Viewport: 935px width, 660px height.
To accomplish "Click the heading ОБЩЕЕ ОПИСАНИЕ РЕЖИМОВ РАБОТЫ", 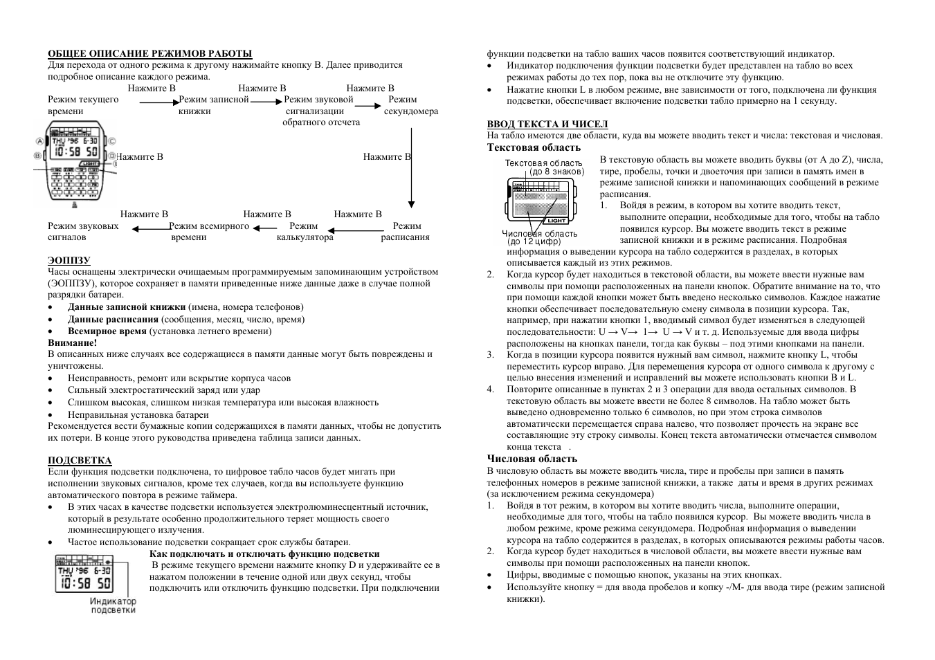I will pos(149,53).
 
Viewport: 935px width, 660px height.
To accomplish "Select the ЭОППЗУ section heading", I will pos(69,260).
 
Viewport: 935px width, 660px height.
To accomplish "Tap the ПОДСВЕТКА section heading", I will pos(80,460).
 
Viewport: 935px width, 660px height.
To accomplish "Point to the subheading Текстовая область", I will pos(534,147).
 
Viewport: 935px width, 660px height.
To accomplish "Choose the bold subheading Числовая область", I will pos(532,459).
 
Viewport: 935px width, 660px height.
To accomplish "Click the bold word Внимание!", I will pos(73,342).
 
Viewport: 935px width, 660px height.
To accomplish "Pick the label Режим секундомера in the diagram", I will pos(410,105).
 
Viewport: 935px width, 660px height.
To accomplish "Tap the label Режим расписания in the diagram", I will pos(406,231).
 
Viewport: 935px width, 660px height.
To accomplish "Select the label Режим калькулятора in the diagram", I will pos(305,231).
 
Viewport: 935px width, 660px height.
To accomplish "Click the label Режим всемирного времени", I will pos(208,231).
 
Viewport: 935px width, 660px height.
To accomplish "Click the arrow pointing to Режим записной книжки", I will pos(159,102).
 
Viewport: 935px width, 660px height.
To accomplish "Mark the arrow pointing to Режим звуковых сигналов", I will pos(150,228).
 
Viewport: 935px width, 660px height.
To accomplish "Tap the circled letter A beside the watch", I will pos(39,141).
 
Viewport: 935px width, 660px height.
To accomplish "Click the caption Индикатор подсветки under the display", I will pos(113,605).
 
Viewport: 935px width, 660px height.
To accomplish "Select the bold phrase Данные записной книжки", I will pos(126,307).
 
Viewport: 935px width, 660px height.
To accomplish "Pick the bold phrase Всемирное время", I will pos(107,331).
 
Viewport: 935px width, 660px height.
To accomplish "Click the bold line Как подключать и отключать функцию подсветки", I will pos(264,553).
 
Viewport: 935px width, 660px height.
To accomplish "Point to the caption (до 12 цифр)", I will pos(534,241).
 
